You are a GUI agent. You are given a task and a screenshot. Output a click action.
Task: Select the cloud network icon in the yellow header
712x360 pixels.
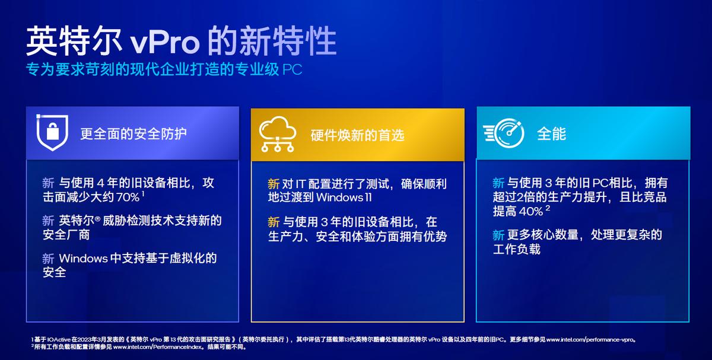277,134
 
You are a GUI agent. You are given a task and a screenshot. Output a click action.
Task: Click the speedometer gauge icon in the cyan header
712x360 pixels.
504,133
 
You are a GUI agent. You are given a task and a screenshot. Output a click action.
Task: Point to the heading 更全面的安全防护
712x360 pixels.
133,133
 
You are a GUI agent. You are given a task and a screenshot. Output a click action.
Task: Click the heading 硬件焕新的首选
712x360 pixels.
357,135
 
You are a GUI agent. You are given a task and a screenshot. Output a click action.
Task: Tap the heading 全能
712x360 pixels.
551,133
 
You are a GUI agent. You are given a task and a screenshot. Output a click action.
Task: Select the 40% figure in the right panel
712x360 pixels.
531,212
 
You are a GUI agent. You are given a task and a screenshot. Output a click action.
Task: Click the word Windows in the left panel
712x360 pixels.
82,259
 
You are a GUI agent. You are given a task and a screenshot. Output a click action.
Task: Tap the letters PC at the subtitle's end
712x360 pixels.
292,69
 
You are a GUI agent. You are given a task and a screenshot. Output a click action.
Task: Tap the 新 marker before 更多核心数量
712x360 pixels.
498,235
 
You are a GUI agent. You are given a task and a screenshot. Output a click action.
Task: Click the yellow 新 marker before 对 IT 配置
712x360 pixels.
274,183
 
